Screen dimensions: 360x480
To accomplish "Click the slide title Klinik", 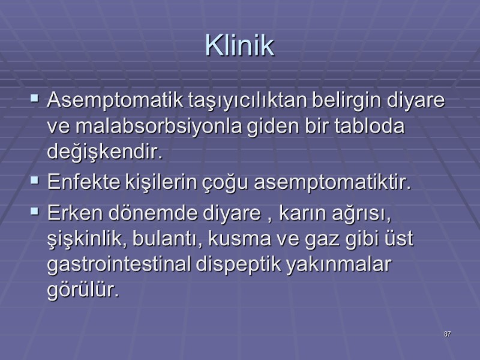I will [239, 46].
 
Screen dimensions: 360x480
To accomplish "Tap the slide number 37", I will [448, 334].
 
